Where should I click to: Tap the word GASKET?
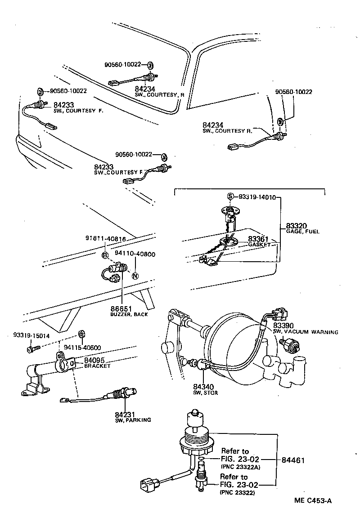pyautogui.click(x=259, y=245)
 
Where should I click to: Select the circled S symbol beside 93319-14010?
pyautogui.click(x=230, y=196)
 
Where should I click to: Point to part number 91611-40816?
pyautogui.click(x=106, y=239)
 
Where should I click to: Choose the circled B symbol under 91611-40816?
pyautogui.click(x=105, y=255)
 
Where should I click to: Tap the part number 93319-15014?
pyautogui.click(x=31, y=335)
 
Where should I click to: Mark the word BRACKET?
pyautogui.click(x=98, y=366)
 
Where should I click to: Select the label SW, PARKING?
pyautogui.click(x=133, y=420)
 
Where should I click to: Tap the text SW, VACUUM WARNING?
pyautogui.click(x=306, y=332)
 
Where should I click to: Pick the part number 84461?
pyautogui.click(x=293, y=460)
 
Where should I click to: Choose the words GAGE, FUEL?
pyautogui.click(x=302, y=232)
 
